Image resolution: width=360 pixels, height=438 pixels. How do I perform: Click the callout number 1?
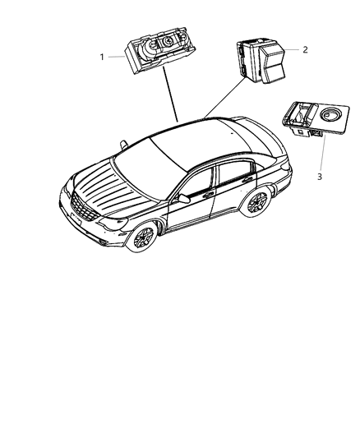102,57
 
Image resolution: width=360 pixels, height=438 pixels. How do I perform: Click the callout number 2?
305,49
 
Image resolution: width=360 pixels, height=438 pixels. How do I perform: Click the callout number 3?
321,174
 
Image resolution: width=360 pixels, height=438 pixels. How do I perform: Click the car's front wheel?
145,239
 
